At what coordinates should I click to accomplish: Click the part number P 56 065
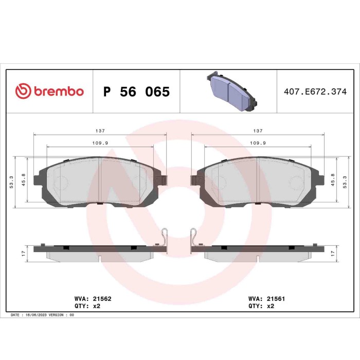tap(136, 92)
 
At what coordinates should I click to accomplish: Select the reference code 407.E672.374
tap(316, 92)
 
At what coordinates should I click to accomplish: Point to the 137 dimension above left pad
tap(100, 131)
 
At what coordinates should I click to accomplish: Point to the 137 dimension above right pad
tap(258, 131)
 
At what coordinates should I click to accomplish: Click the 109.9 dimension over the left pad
tap(100, 143)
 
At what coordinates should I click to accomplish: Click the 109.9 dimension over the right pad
tap(258, 143)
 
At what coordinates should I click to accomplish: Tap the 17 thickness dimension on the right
tap(338, 254)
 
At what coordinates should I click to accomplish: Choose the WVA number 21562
tap(101, 297)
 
